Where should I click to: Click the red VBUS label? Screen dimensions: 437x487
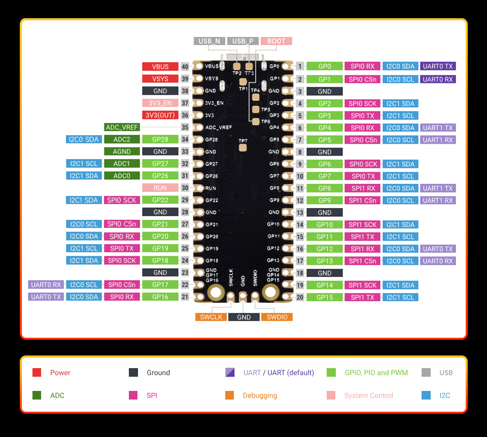click(x=160, y=67)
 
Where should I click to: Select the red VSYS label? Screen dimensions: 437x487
click(x=160, y=79)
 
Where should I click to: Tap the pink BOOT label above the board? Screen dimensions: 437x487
click(x=276, y=41)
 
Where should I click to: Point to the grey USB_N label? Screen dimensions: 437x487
click(x=209, y=41)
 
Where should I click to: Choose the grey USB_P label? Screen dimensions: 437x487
click(x=243, y=41)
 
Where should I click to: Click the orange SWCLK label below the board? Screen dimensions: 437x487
click(x=211, y=317)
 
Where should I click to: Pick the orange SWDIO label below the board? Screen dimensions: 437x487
click(x=277, y=317)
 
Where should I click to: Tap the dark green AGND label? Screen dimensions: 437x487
click(x=122, y=151)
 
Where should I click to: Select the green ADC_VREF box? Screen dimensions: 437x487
click(x=122, y=128)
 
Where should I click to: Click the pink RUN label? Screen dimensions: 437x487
click(x=160, y=188)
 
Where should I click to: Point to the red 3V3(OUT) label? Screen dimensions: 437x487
click(x=160, y=115)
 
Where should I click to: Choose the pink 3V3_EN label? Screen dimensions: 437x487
click(x=160, y=103)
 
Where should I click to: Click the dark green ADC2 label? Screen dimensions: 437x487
click(x=122, y=139)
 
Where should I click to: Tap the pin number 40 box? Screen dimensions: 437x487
click(x=185, y=67)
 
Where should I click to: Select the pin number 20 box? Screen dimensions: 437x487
click(x=300, y=297)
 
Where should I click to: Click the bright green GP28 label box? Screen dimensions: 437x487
click(x=160, y=139)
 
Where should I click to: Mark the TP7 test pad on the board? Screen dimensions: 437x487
click(x=242, y=147)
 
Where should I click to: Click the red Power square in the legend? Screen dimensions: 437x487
click(x=37, y=373)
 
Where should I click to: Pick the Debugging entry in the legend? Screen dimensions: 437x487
click(x=260, y=395)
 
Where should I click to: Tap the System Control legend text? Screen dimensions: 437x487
click(x=368, y=395)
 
